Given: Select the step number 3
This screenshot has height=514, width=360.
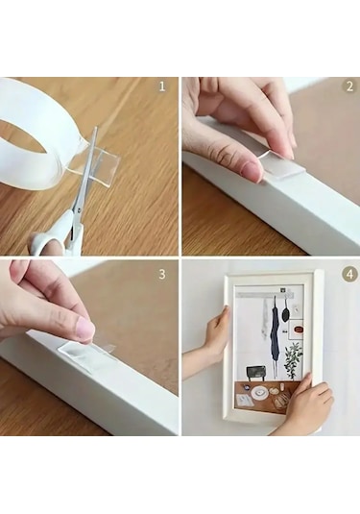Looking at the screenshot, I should click(162, 274).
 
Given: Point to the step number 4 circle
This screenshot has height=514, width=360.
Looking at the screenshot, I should click(349, 274).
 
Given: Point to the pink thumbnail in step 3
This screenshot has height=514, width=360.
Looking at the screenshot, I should click(84, 330).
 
